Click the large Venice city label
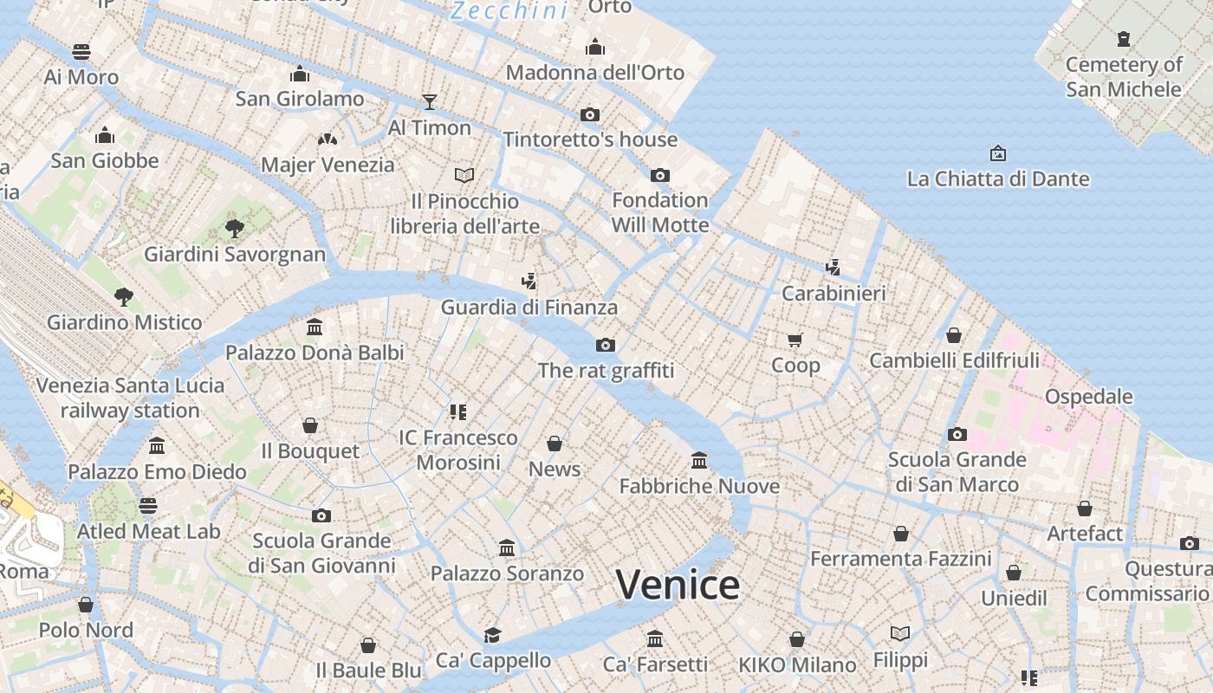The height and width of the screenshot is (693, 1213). coord(678,585)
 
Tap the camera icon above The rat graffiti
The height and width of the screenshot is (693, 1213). coord(606,346)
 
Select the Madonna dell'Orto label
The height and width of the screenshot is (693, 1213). coord(595,73)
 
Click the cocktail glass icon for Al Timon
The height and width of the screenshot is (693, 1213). coord(429,102)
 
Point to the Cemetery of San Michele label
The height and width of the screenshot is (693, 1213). coord(1123,77)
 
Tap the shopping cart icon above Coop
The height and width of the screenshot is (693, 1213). coord(795,340)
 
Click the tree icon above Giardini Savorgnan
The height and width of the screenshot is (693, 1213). coord(234,229)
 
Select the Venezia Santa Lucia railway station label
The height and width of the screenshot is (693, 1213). coord(130,398)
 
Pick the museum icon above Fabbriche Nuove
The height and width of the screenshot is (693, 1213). coord(699,460)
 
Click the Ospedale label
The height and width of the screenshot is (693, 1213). coord(1088,397)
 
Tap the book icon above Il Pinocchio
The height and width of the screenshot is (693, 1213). coord(464,176)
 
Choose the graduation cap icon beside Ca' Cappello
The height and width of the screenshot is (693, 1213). coord(492,636)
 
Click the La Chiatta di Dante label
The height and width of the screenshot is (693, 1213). coord(997,179)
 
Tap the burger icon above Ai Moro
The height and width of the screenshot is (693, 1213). coord(81,52)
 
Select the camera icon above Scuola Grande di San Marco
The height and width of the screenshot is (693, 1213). coord(957,434)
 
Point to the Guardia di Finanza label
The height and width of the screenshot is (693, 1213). coord(529,308)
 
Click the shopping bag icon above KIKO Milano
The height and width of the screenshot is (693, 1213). coord(797,640)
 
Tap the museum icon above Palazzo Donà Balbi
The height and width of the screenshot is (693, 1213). coord(315,327)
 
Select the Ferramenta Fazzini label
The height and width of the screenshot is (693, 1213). coord(900,559)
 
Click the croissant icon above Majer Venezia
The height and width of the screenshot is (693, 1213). coord(327,139)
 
